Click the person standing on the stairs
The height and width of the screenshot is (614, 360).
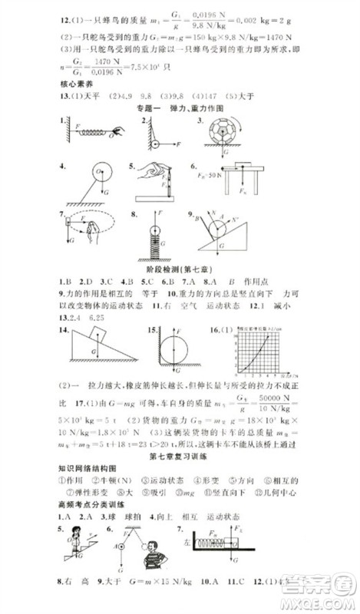75,554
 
